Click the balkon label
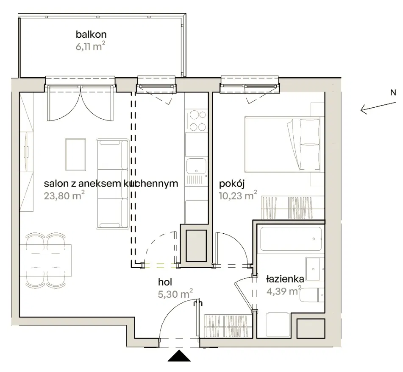point(91,34)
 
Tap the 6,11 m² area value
point(90,46)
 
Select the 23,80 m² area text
point(64,196)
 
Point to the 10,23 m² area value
point(238,196)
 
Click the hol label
point(165,282)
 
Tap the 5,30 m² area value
point(175,294)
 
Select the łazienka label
point(285,279)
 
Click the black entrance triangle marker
point(179,355)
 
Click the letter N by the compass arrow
point(393,93)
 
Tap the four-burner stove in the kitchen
point(196,120)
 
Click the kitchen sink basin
point(196,166)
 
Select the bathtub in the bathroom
point(291,239)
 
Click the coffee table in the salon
point(75,154)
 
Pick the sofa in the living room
point(113,184)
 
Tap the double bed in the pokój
point(283,144)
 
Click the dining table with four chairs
point(46,260)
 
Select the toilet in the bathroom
point(312,295)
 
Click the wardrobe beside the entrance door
point(228,326)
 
